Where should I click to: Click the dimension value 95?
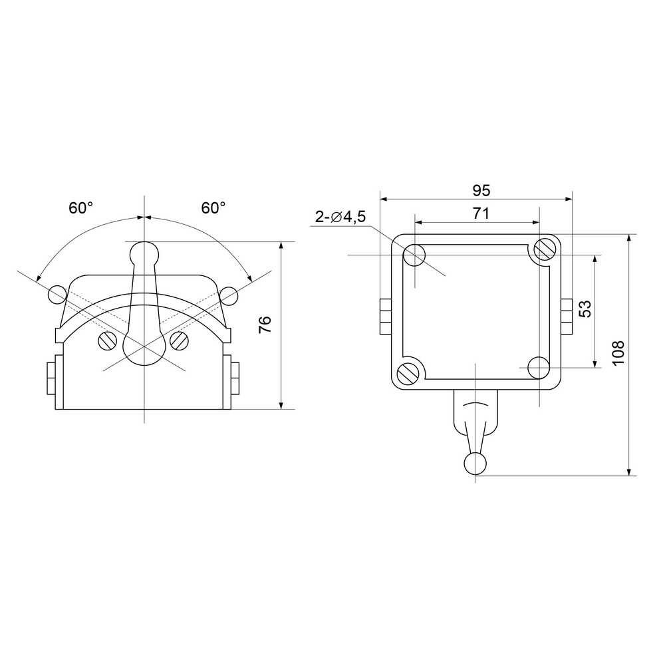481,191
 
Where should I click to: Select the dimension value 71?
481,213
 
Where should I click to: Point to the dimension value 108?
618,352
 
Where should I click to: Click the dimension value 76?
265,325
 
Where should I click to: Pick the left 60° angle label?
80,207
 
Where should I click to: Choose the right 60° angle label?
213,207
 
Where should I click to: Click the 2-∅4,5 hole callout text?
340,217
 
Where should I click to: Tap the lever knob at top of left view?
144,254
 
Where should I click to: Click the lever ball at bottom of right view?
475,464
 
